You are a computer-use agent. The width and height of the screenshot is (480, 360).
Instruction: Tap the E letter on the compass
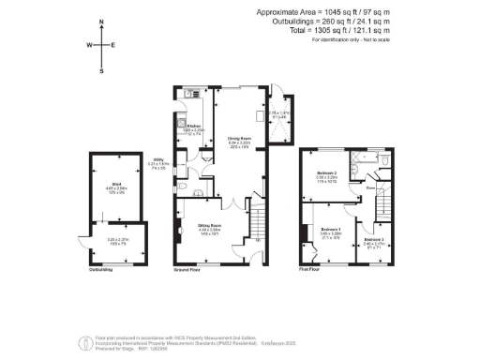(x=113, y=45)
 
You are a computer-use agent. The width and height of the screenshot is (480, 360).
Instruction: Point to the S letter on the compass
(x=101, y=69)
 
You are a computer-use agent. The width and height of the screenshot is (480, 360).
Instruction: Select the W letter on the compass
(x=89, y=45)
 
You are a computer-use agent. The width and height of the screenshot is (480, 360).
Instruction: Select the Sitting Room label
(x=209, y=226)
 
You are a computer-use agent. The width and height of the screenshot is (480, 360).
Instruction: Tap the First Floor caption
(x=310, y=269)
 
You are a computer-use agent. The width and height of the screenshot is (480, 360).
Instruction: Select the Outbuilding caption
(x=101, y=269)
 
